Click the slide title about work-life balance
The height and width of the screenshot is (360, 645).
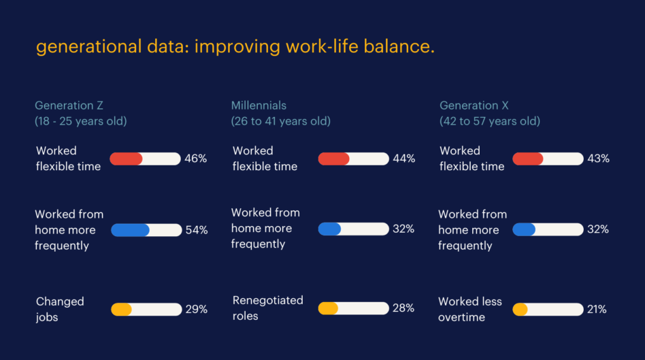(x=235, y=47)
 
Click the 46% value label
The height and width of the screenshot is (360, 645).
(x=195, y=159)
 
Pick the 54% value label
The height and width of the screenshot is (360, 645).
(x=197, y=230)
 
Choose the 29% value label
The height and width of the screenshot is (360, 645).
(x=197, y=309)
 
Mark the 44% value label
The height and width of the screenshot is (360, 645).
(x=403, y=159)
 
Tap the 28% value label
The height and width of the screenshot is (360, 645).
(x=403, y=308)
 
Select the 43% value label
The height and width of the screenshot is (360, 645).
(x=598, y=159)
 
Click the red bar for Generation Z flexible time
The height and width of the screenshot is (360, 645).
(x=127, y=159)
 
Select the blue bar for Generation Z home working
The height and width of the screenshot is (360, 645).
(x=130, y=230)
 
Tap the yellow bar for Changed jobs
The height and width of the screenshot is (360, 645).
(x=121, y=309)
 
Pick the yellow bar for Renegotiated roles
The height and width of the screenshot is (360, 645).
(x=328, y=308)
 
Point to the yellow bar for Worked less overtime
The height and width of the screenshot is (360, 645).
(x=520, y=309)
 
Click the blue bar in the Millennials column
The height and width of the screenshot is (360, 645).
(x=329, y=229)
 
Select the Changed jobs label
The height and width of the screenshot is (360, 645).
(x=60, y=309)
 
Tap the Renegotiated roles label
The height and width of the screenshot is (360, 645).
(x=268, y=308)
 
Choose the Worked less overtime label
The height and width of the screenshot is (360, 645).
(x=470, y=309)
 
